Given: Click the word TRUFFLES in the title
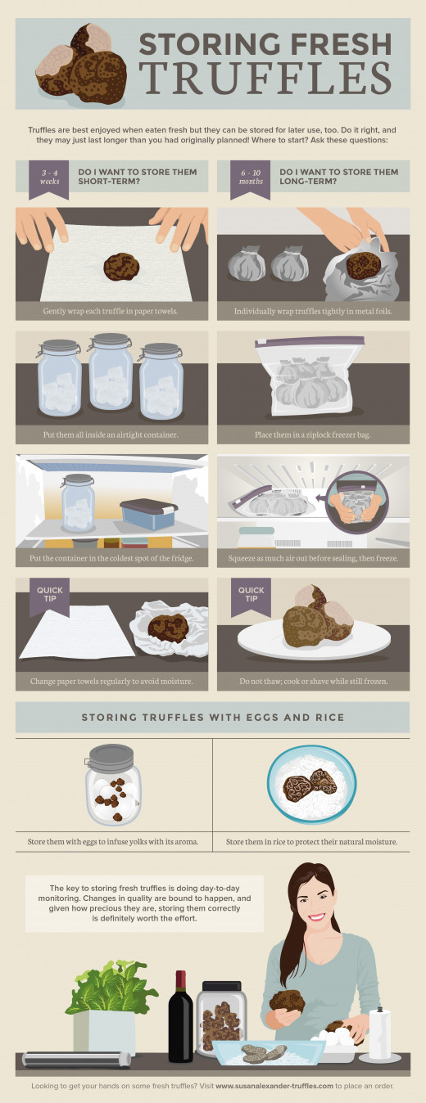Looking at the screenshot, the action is click(x=265, y=79).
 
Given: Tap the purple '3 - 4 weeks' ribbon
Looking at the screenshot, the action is click(x=49, y=180).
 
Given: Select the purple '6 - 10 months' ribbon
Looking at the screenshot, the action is click(x=251, y=180).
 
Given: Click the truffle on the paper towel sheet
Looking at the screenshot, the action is click(x=121, y=267).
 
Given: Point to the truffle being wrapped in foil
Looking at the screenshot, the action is click(x=364, y=265).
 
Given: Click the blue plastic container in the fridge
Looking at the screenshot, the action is click(x=148, y=514).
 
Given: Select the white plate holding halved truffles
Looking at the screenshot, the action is click(x=314, y=640).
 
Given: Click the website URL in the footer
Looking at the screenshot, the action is click(x=274, y=1085).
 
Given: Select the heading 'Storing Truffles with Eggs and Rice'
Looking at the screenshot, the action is click(x=213, y=717).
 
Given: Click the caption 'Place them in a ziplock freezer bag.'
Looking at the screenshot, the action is click(x=313, y=434).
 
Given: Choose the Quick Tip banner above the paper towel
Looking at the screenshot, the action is click(x=49, y=597).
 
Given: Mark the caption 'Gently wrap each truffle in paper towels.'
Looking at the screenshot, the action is click(x=111, y=311).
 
